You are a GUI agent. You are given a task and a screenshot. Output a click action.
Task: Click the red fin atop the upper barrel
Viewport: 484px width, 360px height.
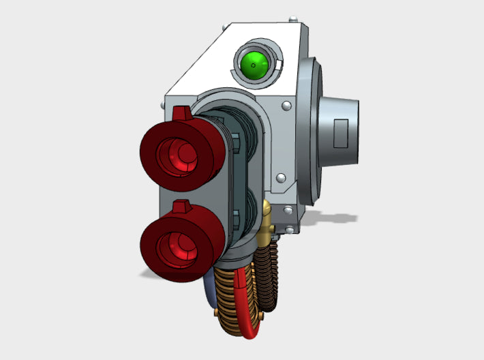click(x=182, y=112)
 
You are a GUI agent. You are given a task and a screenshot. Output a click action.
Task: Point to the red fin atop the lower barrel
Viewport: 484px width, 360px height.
click(x=181, y=206)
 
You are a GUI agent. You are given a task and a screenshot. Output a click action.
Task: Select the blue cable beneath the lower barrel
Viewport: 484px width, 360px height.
click(x=209, y=293)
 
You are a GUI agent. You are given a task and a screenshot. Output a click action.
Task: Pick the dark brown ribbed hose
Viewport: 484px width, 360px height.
click(x=273, y=273)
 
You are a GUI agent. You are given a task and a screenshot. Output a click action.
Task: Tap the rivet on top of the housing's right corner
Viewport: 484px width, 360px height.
click(x=292, y=18)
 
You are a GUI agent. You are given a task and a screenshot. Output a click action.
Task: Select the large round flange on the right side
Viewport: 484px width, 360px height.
click(x=309, y=130)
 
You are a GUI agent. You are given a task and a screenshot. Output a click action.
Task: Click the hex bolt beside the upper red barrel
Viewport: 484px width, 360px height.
click(x=235, y=142)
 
